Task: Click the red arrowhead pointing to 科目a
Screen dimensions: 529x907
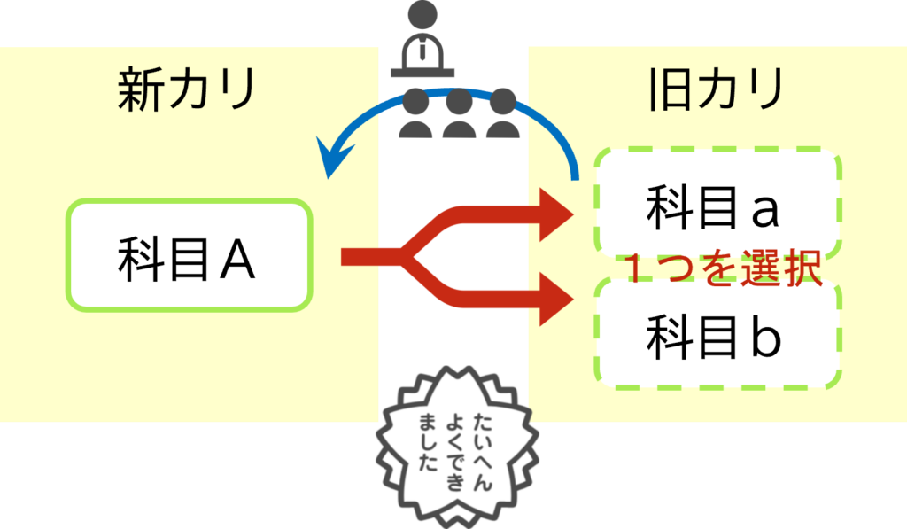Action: [x=558, y=213]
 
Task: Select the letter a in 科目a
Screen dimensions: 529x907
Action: [x=764, y=209]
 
